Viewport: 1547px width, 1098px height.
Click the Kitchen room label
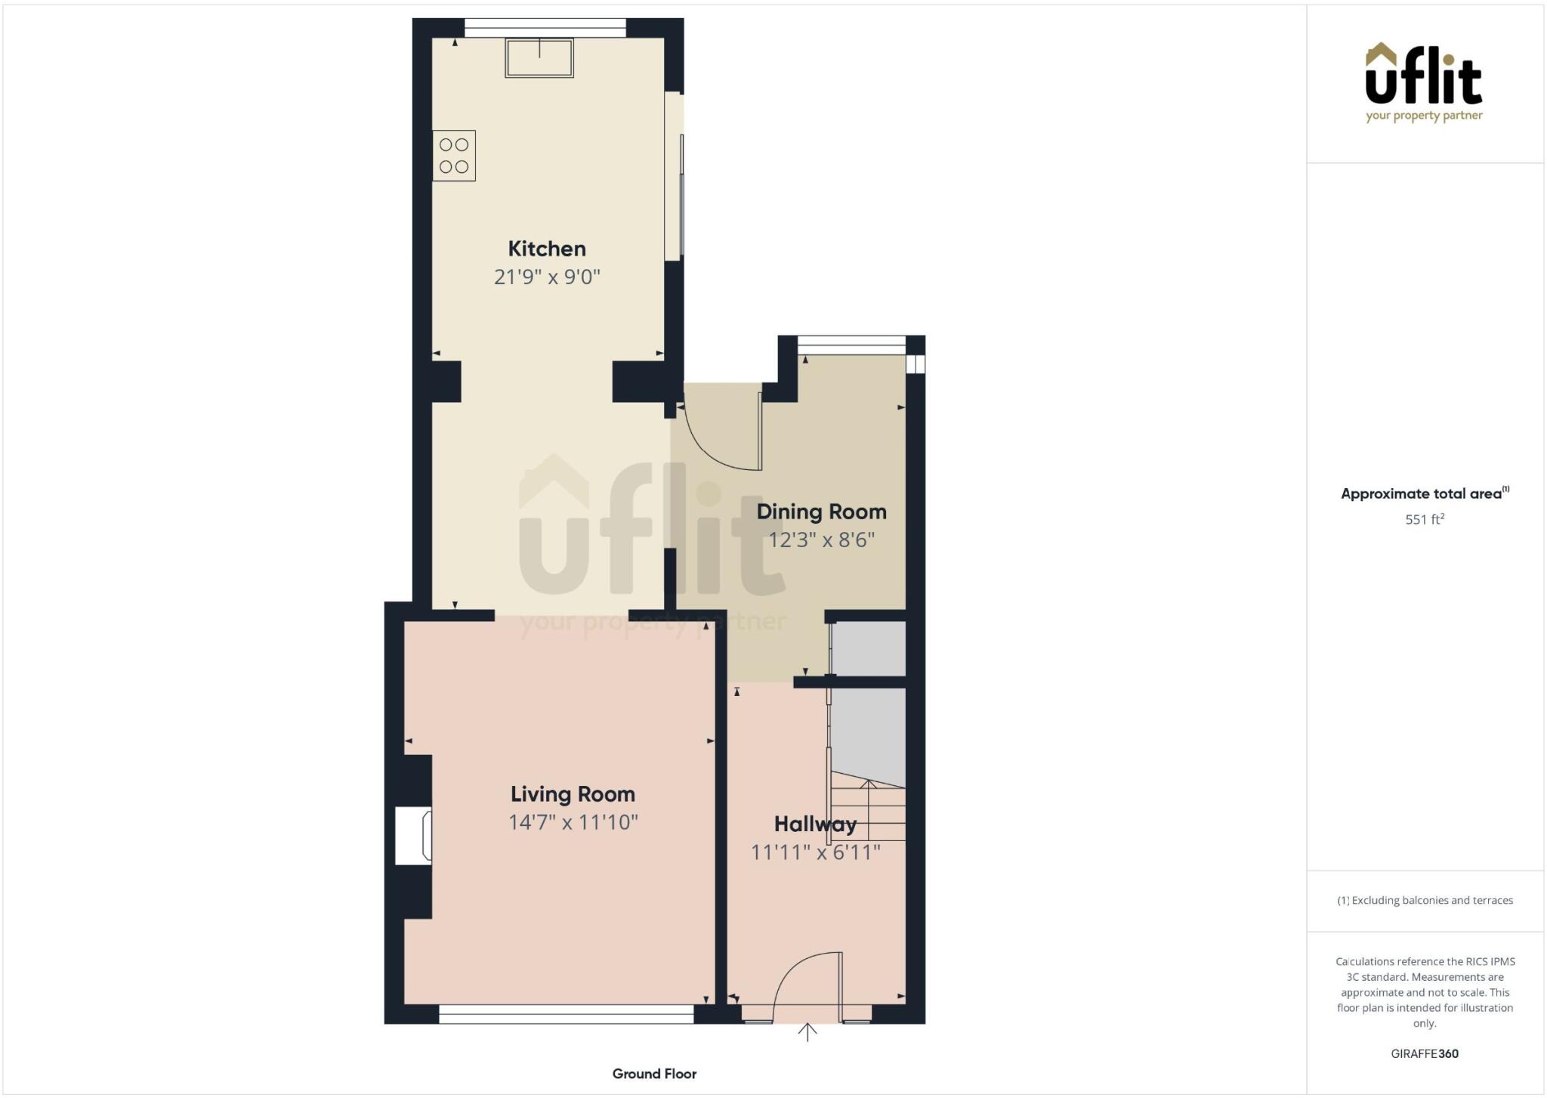[x=546, y=249]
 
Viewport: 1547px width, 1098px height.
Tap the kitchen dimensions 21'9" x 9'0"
[x=546, y=277]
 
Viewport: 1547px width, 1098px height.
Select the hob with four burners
[x=454, y=156]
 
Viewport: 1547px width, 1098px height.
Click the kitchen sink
[x=539, y=58]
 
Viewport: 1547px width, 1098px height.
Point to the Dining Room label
[x=821, y=512]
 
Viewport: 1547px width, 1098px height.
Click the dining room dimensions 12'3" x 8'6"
[x=821, y=540]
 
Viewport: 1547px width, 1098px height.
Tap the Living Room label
[x=573, y=794]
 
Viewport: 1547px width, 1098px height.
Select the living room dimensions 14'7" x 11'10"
[x=573, y=822]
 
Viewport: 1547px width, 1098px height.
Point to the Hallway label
[x=815, y=824]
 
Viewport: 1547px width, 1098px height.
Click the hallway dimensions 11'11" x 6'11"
[x=815, y=852]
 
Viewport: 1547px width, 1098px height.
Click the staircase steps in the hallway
[x=869, y=812]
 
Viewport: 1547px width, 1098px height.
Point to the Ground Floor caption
[x=654, y=1074]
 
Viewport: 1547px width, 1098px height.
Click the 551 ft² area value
[x=1425, y=520]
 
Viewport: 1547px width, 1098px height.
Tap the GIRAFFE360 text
[x=1425, y=1053]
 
